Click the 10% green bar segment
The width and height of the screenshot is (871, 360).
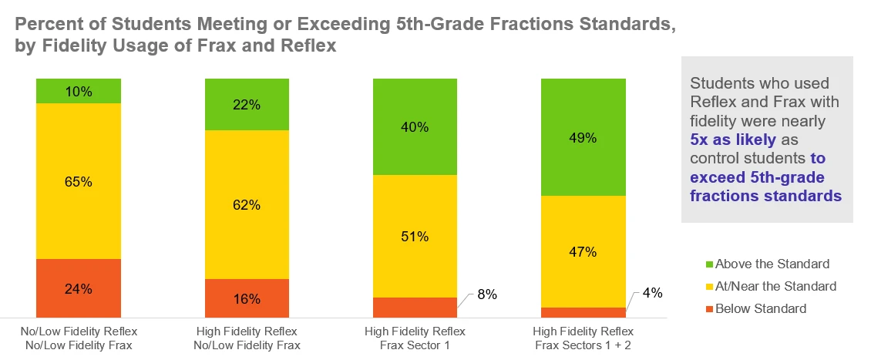(78, 91)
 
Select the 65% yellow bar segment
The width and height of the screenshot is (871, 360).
(78, 181)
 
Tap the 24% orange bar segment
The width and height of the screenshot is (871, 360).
(78, 288)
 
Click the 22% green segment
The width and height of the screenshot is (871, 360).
(247, 105)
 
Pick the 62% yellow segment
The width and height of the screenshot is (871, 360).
(247, 204)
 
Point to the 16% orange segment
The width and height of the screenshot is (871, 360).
(247, 298)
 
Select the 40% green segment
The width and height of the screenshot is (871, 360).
(415, 126)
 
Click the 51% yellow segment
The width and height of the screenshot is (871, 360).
(415, 236)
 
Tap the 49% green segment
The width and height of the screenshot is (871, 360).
(583, 137)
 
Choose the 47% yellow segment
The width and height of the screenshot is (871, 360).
(583, 251)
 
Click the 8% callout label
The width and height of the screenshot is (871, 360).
(486, 294)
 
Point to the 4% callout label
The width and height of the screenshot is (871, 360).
(654, 294)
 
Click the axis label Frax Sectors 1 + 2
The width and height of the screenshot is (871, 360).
(583, 345)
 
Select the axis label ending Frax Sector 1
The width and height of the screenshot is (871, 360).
(415, 345)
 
